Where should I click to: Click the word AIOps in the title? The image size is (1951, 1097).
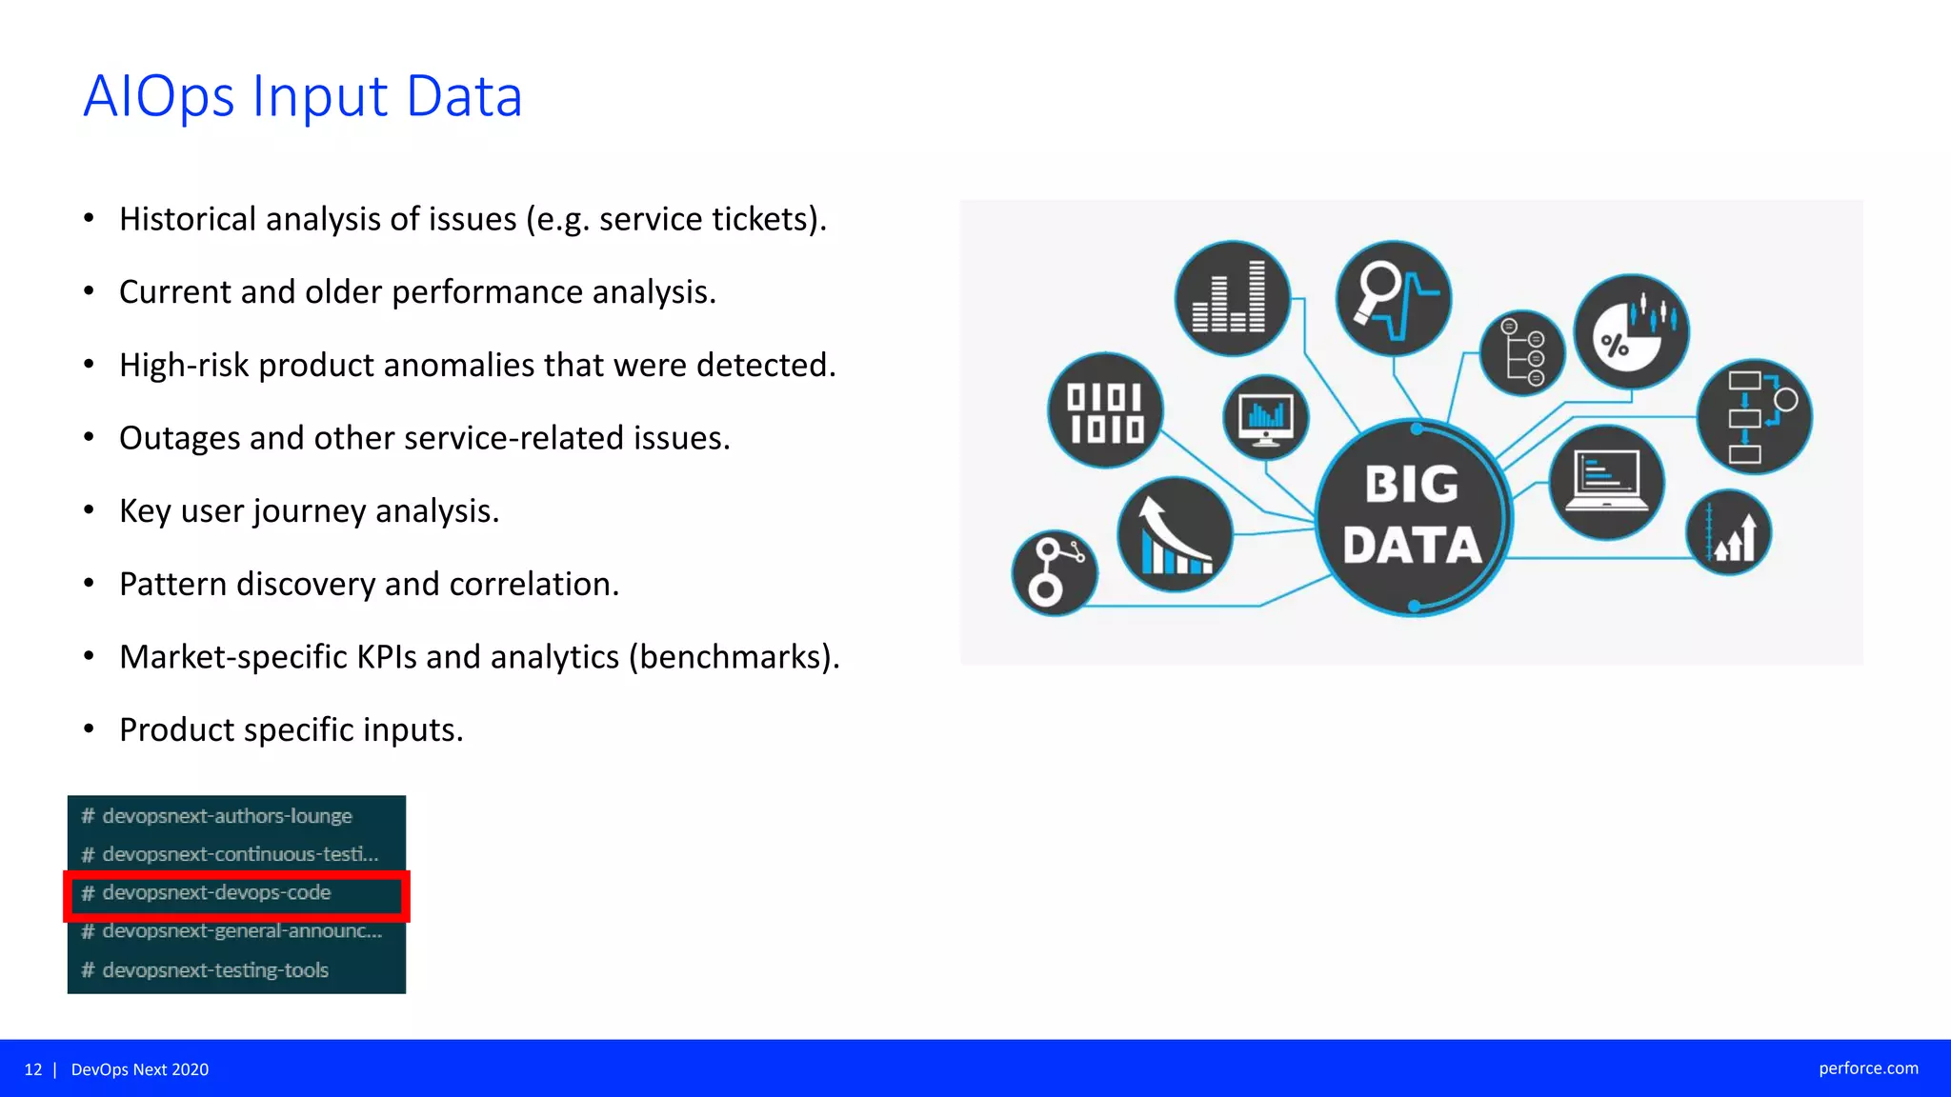click(159, 97)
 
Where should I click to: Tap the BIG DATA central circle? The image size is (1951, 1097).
click(1413, 517)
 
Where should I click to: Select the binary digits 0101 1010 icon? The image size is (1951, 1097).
click(1105, 411)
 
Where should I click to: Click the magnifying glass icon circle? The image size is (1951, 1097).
click(1393, 298)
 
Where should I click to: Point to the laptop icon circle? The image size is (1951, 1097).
click(1606, 482)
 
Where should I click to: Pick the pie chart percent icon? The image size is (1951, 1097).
click(1631, 331)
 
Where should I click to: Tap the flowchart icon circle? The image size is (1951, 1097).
click(1754, 416)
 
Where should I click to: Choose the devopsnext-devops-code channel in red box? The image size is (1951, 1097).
click(216, 893)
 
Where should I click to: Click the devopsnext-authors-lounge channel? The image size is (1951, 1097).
click(227, 816)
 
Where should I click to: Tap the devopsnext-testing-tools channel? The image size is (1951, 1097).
click(215, 970)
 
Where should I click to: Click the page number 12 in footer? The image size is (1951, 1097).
click(33, 1069)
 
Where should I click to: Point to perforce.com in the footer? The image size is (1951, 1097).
click(1868, 1068)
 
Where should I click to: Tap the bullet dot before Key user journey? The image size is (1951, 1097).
click(89, 511)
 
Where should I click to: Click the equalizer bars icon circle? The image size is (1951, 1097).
click(1232, 298)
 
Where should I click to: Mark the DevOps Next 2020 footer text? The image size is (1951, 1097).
click(140, 1069)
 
